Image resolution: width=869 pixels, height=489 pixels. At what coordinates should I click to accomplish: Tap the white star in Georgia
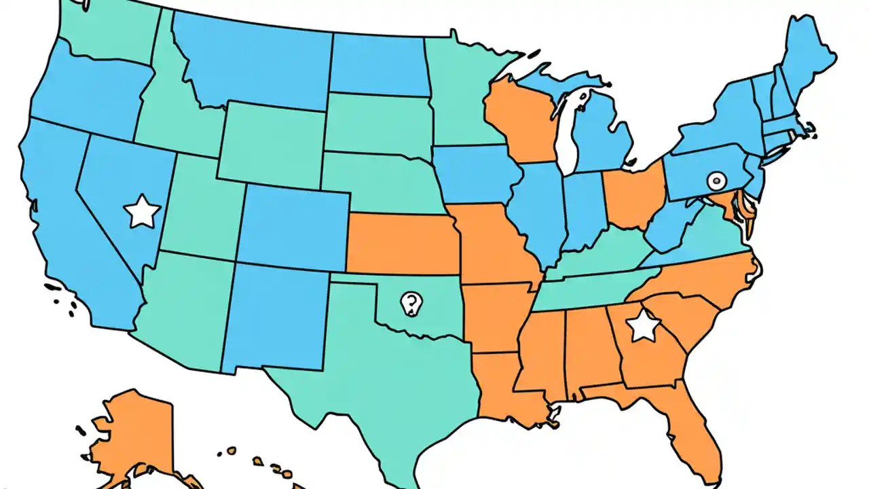coord(642,327)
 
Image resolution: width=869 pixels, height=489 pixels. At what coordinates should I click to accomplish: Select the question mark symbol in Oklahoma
coord(409,302)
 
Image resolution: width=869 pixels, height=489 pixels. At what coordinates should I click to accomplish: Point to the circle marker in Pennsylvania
coord(716,181)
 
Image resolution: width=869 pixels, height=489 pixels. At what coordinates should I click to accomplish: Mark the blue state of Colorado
coord(293,228)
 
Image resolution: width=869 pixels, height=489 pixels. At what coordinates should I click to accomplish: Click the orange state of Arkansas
coord(496,312)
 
